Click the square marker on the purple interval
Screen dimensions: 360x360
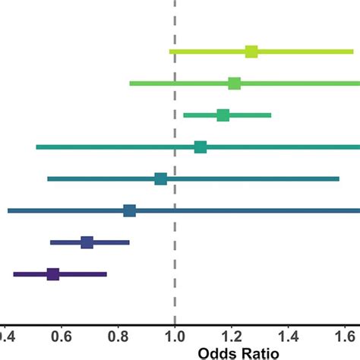pos(53,274)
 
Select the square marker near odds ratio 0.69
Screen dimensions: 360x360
pos(87,242)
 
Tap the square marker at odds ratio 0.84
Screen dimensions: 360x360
pos(129,210)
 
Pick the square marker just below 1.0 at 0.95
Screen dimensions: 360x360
pos(160,178)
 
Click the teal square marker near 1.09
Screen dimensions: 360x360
pos(201,147)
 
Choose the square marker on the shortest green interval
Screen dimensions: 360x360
pos(223,115)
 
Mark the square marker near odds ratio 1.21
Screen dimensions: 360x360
pos(234,83)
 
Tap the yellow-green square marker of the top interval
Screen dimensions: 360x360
pos(251,52)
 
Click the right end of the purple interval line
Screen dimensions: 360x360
pos(106,274)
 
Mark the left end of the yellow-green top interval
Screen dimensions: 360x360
pos(170,52)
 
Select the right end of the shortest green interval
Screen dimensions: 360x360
pos(270,115)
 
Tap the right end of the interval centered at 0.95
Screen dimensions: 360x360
pos(339,178)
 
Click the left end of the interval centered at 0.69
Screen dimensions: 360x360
pos(51,242)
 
